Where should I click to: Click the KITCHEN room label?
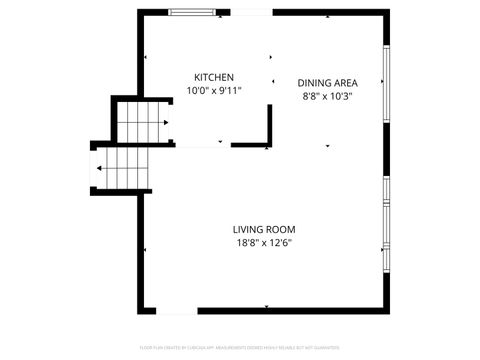pyautogui.click(x=214, y=77)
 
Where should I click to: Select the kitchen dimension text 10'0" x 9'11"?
pyautogui.click(x=214, y=90)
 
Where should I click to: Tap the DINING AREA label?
pyautogui.click(x=328, y=83)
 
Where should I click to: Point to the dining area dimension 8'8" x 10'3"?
pyautogui.click(x=328, y=96)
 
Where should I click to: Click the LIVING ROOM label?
pyautogui.click(x=264, y=229)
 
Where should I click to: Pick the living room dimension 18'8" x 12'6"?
pyautogui.click(x=264, y=242)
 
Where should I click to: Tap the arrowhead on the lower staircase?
pyautogui.click(x=100, y=169)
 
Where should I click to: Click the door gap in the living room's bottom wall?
pyautogui.click(x=177, y=310)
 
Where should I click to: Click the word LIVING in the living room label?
pyautogui.click(x=248, y=229)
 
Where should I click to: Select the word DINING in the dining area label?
pyautogui.click(x=314, y=83)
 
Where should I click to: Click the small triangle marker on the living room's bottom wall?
pyautogui.click(x=266, y=306)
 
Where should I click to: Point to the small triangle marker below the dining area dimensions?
pyautogui.click(x=327, y=146)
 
